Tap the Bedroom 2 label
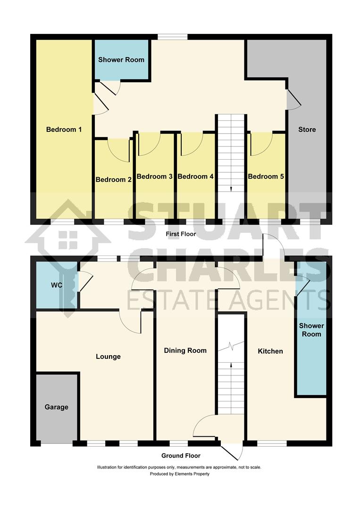(x=113, y=179)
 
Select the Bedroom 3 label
(x=154, y=176)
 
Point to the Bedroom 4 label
(x=196, y=176)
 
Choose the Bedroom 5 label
(x=266, y=176)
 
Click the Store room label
(x=307, y=129)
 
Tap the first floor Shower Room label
(x=121, y=59)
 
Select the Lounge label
(x=108, y=357)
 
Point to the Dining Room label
(x=185, y=350)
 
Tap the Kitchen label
(x=270, y=351)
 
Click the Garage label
(x=57, y=407)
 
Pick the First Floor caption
(x=181, y=234)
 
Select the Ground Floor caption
(x=181, y=456)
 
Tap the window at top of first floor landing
(x=172, y=37)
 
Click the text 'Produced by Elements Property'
(x=180, y=474)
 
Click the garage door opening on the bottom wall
(x=57, y=443)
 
